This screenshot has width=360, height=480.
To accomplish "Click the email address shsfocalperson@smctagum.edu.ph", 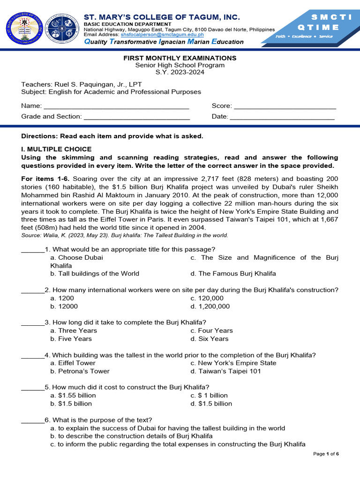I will [x=162, y=35].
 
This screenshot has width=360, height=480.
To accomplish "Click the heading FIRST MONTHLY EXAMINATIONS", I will [x=180, y=58].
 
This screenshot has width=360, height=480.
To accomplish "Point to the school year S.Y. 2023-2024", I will [x=180, y=72].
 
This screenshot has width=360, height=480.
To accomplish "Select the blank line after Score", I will [x=285, y=107].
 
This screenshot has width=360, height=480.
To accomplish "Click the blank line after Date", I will [x=282, y=117].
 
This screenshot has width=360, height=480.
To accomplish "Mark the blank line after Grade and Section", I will [x=136, y=117].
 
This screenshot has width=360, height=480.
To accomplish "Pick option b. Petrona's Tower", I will [x=80, y=371].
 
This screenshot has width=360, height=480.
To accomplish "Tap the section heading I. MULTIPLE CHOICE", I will [x=57, y=150].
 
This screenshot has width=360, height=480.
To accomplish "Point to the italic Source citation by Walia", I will [x=125, y=235].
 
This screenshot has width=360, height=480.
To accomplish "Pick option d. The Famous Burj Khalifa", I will [x=233, y=274].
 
